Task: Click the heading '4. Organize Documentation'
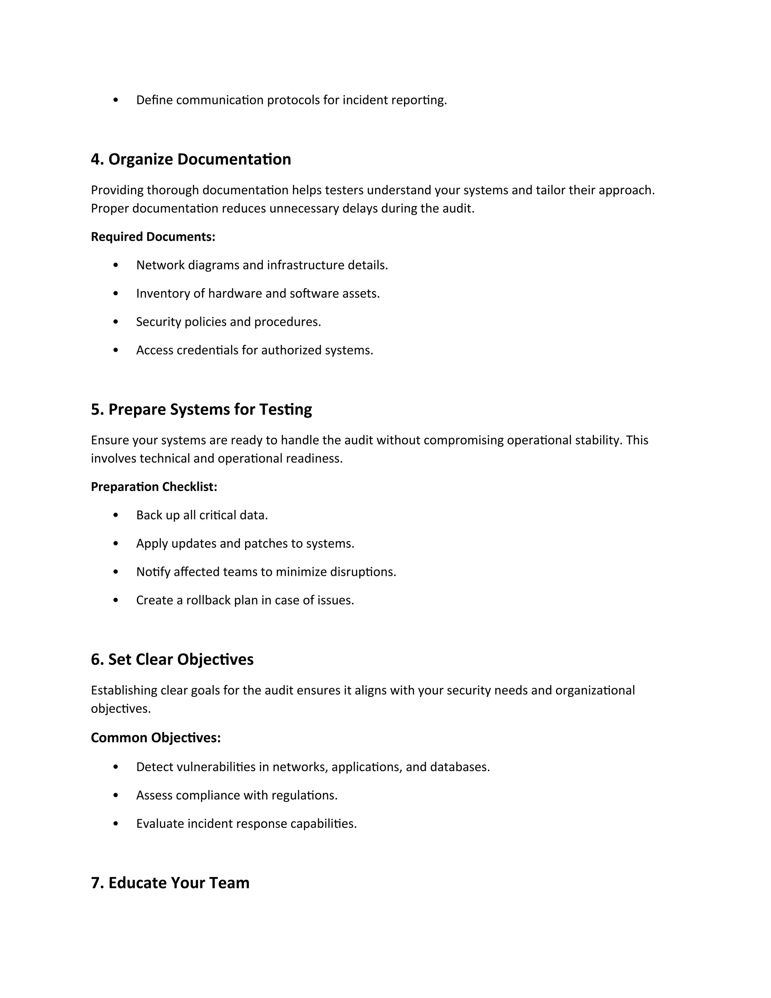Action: tap(190, 159)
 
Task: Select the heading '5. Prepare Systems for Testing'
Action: tap(201, 409)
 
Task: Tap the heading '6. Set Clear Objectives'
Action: tap(172, 659)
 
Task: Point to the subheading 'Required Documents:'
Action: tap(153, 237)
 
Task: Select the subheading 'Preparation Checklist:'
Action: tap(154, 487)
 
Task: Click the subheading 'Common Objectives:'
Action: tap(156, 737)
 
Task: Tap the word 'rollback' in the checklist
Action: tap(208, 600)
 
